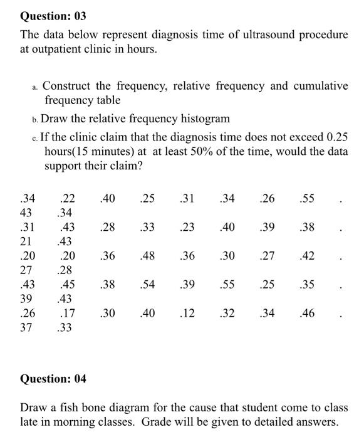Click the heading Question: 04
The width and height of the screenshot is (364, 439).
(x=53, y=379)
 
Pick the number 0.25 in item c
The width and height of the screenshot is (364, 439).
(x=337, y=137)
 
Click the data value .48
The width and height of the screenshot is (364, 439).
(x=148, y=256)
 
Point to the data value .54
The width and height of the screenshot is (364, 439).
(x=148, y=285)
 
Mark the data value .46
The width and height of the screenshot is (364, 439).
(x=307, y=314)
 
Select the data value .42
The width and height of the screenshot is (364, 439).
(x=307, y=256)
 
